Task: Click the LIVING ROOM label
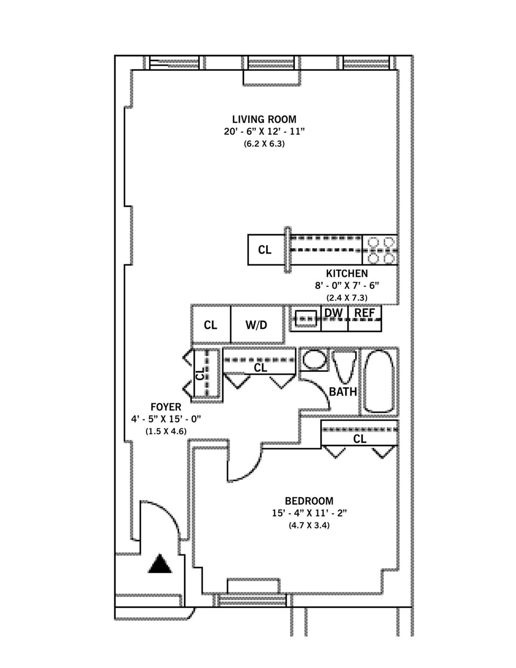click(x=264, y=119)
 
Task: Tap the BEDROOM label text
click(x=309, y=501)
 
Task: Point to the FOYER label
click(x=166, y=407)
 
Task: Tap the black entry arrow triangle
click(x=160, y=564)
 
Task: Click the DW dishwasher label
click(x=334, y=313)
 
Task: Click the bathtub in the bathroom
click(x=379, y=381)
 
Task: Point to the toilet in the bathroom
click(x=345, y=366)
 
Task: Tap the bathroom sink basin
click(x=314, y=360)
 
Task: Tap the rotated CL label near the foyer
click(x=200, y=373)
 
